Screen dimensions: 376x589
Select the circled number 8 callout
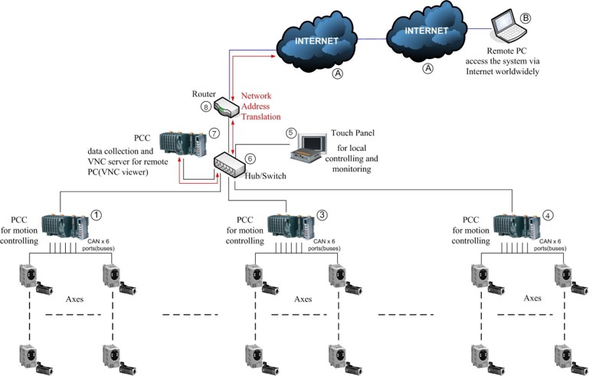pos(205,106)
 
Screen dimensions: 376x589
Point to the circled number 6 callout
pos(250,159)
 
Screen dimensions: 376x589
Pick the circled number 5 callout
pos(290,132)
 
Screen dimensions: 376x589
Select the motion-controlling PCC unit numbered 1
pos(69,224)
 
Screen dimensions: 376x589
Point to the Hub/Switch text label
pos(264,175)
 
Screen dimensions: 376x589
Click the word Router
pos(206,93)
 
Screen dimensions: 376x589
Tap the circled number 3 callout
pos(322,215)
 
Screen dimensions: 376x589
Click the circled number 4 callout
pos(546,215)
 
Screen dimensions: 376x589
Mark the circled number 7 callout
pos(214,132)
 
